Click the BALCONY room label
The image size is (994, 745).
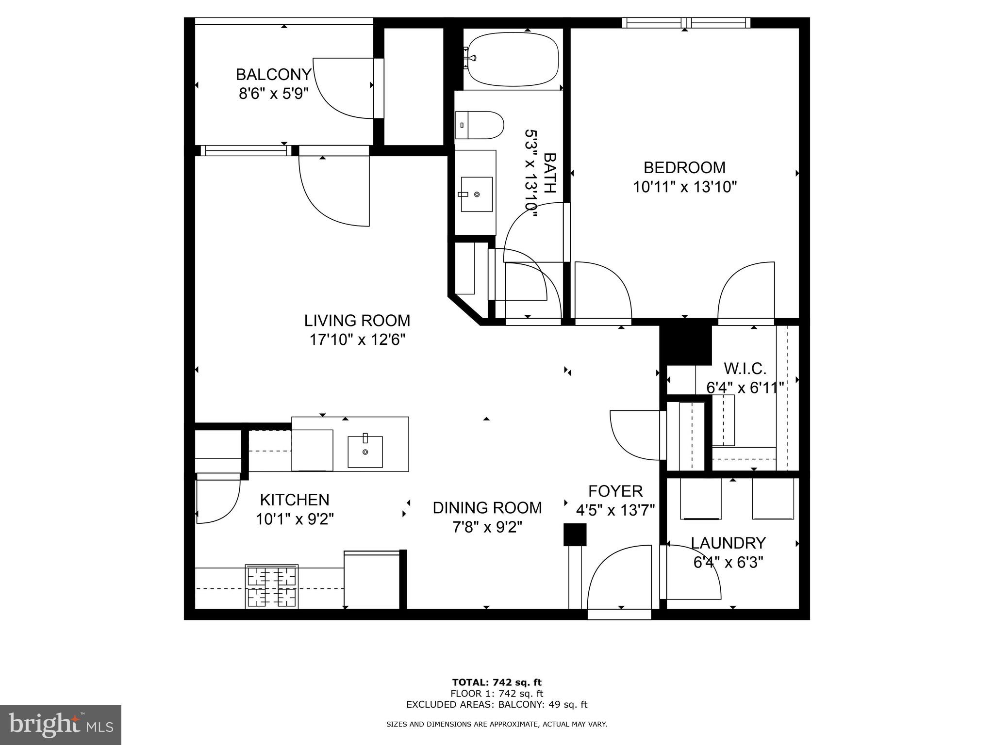(273, 75)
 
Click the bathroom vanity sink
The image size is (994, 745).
(476, 194)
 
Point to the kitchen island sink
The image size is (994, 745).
(365, 452)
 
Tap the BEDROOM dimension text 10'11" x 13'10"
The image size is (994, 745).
(685, 187)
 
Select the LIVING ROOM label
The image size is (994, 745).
(357, 321)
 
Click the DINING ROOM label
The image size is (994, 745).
(487, 508)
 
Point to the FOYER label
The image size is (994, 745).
(615, 491)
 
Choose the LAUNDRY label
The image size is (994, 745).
(728, 543)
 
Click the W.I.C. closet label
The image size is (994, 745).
(745, 369)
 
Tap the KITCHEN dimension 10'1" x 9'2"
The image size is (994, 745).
(295, 519)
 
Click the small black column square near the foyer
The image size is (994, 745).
(575, 534)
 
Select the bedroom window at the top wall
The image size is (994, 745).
(685, 22)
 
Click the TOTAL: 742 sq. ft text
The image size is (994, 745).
(497, 682)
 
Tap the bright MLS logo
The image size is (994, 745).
(61, 725)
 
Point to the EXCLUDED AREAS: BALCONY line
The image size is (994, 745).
(497, 704)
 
